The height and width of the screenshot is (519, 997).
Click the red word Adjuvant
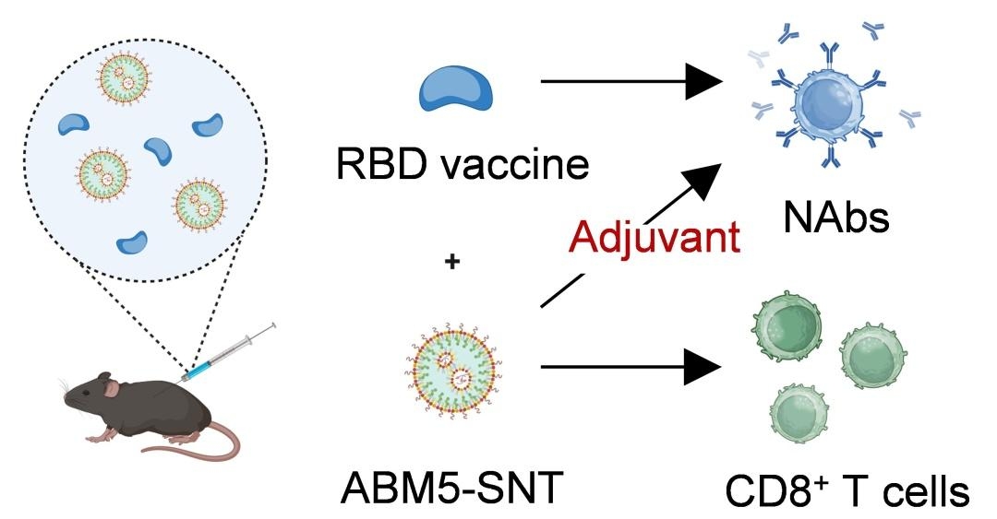(x=655, y=238)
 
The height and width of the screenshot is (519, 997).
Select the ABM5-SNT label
(x=451, y=488)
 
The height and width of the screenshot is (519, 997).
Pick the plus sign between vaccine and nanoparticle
(x=452, y=263)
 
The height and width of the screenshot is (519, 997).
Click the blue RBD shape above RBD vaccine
(x=456, y=89)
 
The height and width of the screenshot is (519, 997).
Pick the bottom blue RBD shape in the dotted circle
(x=131, y=242)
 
